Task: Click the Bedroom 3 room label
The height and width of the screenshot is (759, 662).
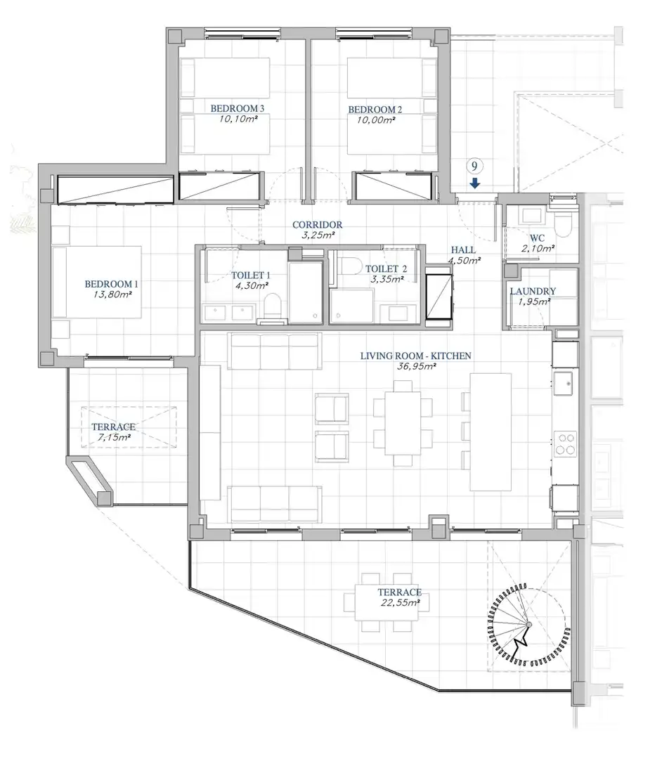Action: coord(237,108)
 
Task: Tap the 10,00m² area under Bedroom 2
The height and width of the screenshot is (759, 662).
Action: coord(375,119)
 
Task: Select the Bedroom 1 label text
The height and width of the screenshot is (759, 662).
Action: coord(111,284)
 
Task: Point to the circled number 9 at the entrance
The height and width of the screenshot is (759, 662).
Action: coord(474,167)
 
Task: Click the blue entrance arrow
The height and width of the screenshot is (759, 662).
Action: coord(475,183)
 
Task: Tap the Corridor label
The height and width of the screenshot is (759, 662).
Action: coord(317,225)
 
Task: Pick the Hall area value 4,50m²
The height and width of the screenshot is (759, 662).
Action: coord(464,261)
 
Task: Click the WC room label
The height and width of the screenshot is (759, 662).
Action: coord(537,238)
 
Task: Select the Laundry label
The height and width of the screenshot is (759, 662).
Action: coord(533,291)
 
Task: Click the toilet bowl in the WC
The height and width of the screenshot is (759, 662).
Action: coord(564,223)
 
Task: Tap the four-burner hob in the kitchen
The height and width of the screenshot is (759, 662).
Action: coord(565,444)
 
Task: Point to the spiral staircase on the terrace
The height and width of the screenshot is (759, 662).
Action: coord(529,625)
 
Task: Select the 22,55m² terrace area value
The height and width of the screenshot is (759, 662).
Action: coord(400,603)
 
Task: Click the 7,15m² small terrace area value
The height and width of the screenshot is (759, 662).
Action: coord(114,437)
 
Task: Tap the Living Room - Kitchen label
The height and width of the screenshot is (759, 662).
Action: coord(415,356)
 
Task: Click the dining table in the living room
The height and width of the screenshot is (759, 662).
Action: coord(403,423)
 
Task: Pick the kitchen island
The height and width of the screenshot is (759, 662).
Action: coord(491,432)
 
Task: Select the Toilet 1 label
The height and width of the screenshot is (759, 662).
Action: coord(251,275)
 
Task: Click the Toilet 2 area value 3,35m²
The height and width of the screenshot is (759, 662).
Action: coord(387,279)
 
